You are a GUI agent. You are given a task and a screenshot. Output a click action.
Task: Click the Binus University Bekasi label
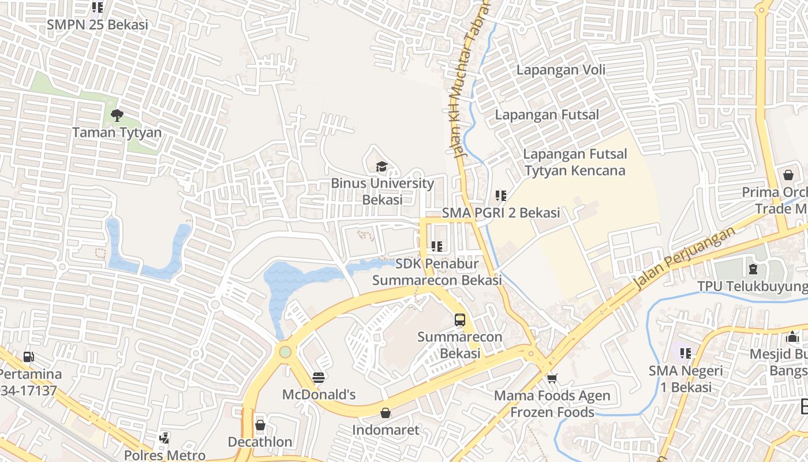point(382,191)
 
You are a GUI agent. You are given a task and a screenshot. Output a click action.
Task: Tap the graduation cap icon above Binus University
point(381,167)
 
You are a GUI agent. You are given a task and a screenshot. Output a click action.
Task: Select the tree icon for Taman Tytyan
point(117,115)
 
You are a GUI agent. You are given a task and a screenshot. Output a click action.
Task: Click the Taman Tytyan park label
point(117,132)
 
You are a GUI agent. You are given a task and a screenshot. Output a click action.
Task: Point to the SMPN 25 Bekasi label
point(98,25)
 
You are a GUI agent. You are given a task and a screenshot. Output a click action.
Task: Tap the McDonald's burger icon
point(319,377)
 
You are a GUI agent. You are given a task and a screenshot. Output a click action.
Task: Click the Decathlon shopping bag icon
point(260,425)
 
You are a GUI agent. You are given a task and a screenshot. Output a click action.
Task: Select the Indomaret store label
point(386,430)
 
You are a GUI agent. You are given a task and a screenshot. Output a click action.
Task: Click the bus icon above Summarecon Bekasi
point(460,319)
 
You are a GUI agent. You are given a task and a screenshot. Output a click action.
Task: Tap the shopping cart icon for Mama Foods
point(552,379)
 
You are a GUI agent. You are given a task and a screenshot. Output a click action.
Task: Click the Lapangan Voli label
point(560,70)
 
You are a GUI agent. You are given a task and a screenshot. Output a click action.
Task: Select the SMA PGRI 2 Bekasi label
point(501,213)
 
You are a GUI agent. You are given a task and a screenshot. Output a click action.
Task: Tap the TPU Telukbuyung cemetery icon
point(753,269)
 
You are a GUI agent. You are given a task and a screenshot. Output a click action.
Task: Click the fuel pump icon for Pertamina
point(28,357)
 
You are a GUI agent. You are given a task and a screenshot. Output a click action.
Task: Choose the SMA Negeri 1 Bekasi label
point(685,379)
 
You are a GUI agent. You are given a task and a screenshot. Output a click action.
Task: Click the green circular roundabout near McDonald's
point(285,352)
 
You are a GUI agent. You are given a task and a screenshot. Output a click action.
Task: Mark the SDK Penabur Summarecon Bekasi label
point(437,272)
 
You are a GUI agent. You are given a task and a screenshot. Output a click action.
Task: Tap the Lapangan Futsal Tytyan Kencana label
point(575,162)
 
